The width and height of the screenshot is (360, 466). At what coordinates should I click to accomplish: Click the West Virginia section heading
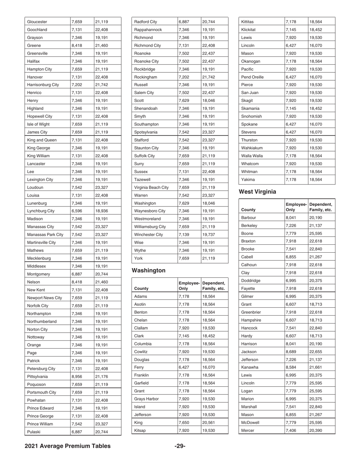(x=261, y=192)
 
